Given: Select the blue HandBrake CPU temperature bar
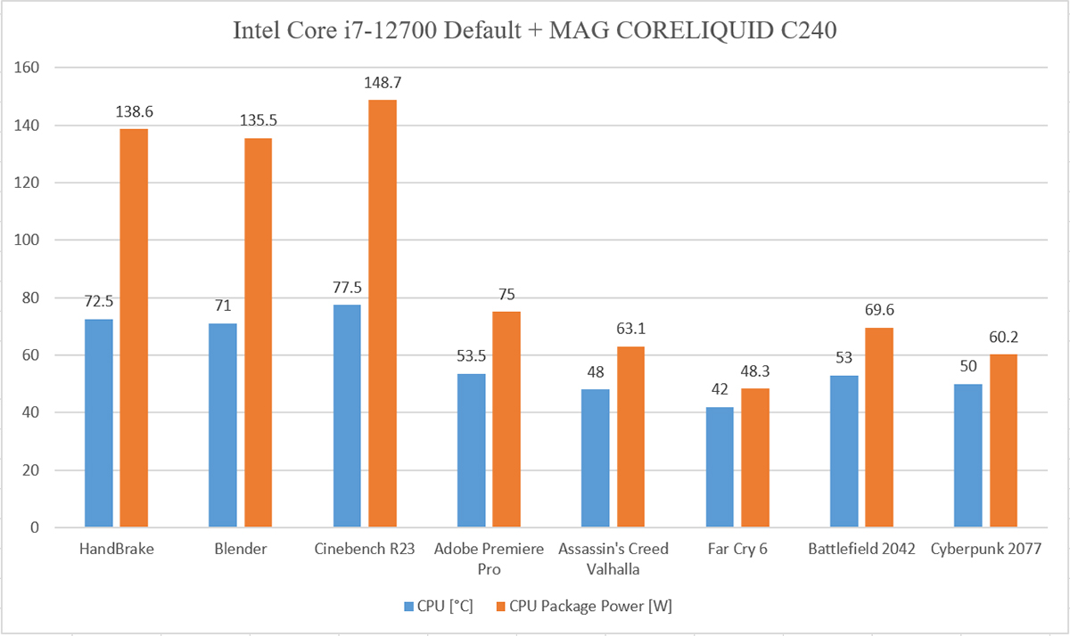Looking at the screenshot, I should [99, 423].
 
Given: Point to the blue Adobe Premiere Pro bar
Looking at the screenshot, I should [471, 451].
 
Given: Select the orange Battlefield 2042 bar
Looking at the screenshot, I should [879, 428].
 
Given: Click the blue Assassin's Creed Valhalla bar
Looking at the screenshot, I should [596, 458].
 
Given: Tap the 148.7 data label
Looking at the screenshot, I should [383, 83].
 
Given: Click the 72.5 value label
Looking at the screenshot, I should [99, 302].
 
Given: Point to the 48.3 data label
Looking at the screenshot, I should [754, 371].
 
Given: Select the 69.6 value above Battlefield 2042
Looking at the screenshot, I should [879, 311].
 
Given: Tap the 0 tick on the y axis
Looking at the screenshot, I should [36, 527].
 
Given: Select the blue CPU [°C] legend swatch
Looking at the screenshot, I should [409, 607].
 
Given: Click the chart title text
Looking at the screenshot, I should [535, 32].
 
